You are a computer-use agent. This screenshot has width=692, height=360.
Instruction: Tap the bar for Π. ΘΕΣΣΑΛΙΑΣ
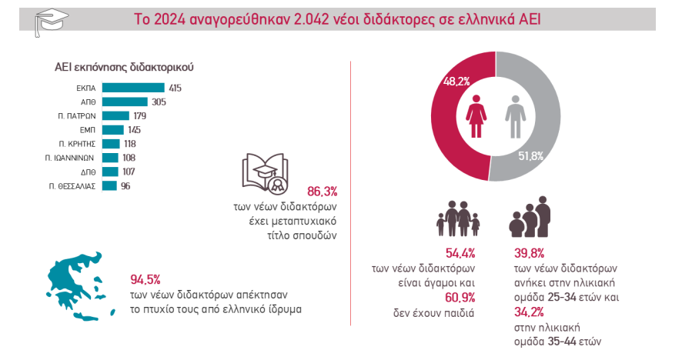coord(109,185)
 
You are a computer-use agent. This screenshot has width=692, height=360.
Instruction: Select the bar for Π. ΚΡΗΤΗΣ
coord(111,144)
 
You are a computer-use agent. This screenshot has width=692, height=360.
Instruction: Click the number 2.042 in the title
coord(316,18)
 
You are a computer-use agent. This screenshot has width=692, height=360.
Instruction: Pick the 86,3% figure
coord(323,191)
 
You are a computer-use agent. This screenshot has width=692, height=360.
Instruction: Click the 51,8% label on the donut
coord(530,156)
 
